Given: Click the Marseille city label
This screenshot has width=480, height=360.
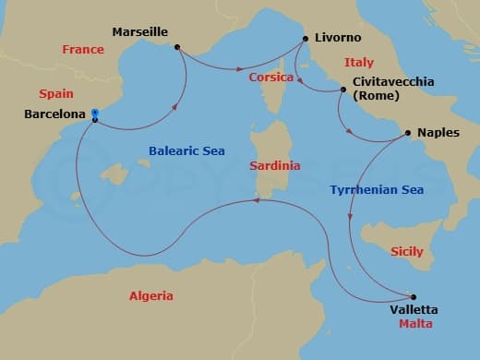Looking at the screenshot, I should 139,32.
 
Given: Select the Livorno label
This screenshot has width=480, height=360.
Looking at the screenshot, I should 339,38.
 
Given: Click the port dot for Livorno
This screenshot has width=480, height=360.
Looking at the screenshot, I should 305,39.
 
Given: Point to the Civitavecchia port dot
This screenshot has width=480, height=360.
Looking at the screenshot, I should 343,90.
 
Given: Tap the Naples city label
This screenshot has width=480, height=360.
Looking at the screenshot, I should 438,133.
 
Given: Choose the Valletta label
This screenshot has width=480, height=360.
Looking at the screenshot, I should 414,309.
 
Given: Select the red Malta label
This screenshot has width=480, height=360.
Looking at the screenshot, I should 414,325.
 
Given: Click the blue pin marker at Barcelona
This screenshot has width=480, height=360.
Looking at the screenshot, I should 94,115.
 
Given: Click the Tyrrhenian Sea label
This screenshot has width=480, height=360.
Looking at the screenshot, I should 377,190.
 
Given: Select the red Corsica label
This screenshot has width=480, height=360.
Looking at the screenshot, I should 271,78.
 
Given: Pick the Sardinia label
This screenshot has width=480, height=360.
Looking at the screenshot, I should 275,166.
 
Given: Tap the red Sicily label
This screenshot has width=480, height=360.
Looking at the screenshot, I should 407,251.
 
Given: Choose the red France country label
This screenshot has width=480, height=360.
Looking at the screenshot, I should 83,50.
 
